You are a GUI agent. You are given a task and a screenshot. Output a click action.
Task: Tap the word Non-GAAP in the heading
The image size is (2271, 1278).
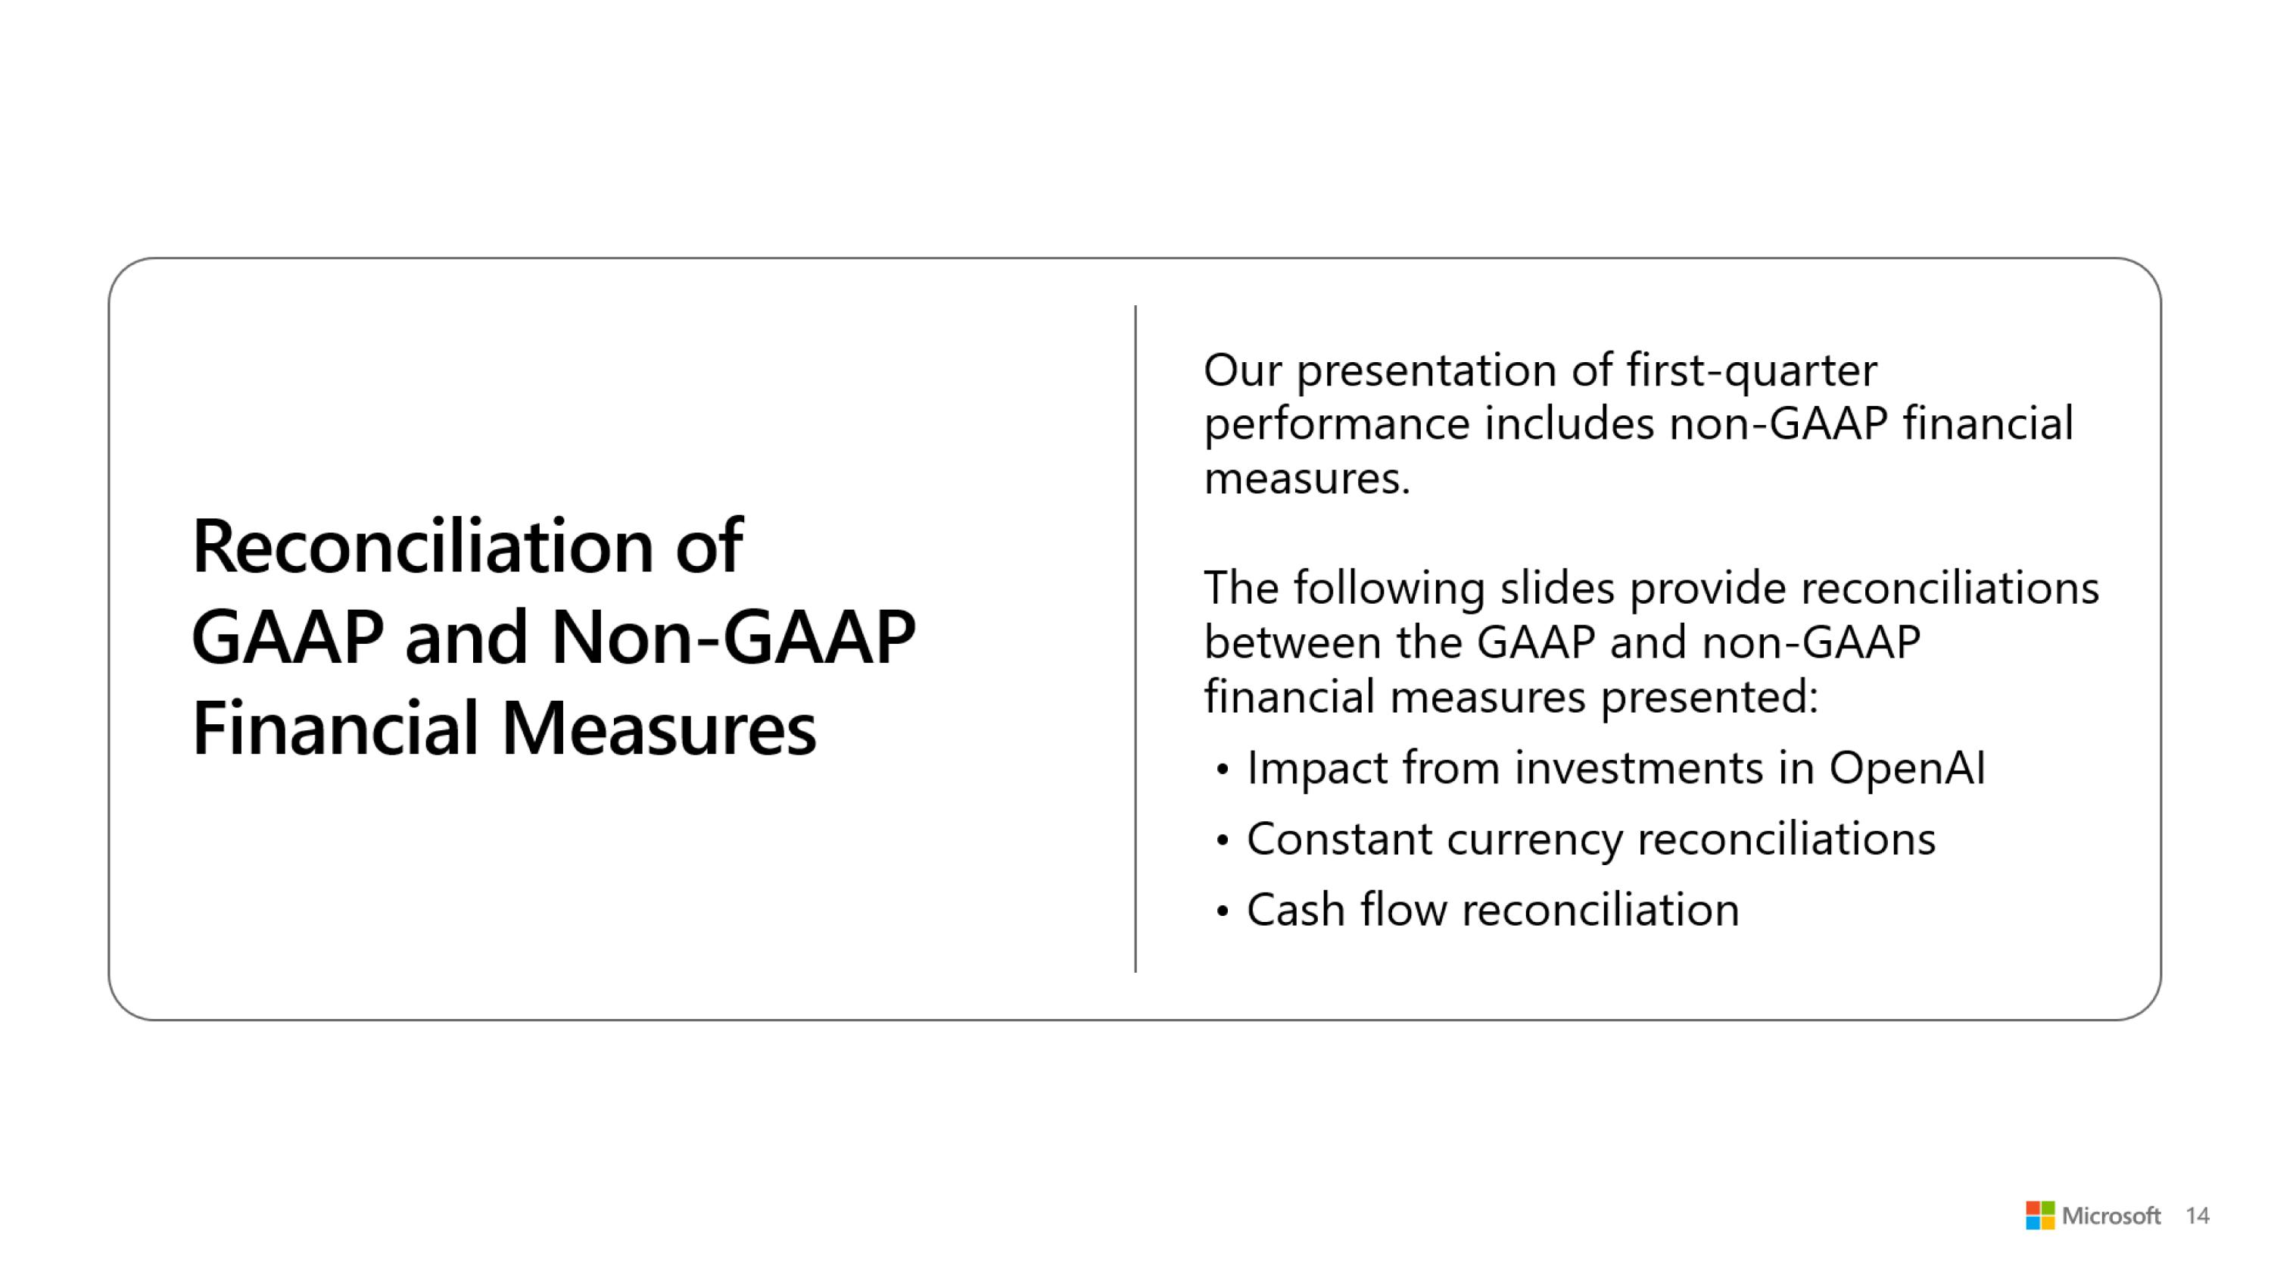[733, 638]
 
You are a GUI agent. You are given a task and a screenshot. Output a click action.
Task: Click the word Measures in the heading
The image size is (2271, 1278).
[659, 729]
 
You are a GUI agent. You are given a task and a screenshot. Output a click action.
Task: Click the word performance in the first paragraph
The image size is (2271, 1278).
[1337, 425]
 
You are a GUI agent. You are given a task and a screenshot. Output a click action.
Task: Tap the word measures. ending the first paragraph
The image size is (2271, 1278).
[1307, 479]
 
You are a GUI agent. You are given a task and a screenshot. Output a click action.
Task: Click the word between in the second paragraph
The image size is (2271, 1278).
[1292, 642]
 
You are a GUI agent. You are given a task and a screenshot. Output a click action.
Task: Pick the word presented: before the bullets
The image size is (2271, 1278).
[1709, 697]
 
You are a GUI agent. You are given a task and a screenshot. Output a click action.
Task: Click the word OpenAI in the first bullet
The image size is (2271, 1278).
[1906, 767]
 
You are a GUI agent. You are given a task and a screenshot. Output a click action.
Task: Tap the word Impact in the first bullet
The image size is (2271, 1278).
[1317, 767]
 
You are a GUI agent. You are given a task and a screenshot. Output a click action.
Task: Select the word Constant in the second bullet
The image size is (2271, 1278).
[1338, 839]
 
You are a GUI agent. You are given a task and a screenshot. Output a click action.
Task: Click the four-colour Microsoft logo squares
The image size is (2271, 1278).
[2040, 1215]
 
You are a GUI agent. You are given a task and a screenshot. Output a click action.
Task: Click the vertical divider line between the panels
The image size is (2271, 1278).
[1135, 639]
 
